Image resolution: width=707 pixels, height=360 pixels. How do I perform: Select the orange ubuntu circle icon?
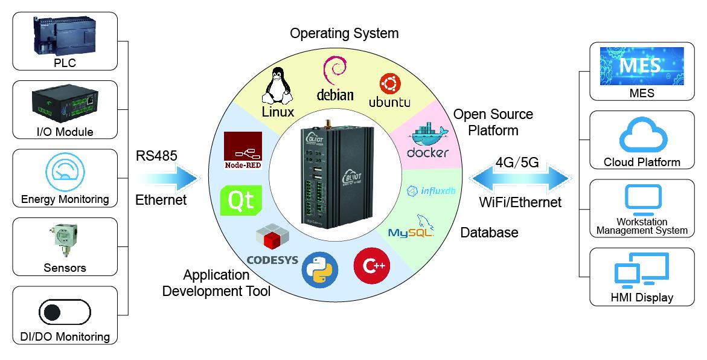tap(389, 84)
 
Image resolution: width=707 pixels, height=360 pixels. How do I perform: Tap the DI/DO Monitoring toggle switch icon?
tap(65, 312)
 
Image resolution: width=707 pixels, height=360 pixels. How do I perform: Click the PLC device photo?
tap(65, 36)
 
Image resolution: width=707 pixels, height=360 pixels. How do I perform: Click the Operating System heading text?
tap(344, 33)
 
